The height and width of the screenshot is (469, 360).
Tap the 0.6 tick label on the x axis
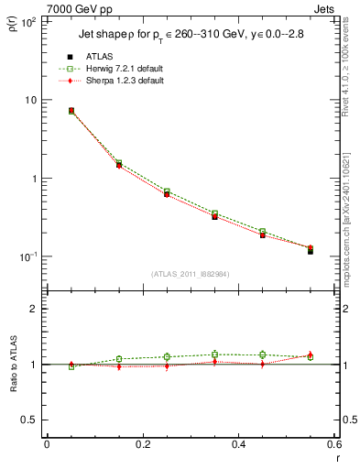pyautogui.click(x=334, y=444)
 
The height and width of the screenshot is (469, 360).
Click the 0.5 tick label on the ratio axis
pyautogui.click(x=27, y=420)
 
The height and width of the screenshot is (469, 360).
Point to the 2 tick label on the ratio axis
pyautogui.click(x=33, y=310)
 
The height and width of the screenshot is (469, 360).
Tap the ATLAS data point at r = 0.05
pyautogui.click(x=71, y=111)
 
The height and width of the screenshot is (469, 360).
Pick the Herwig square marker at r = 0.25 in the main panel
pyautogui.click(x=167, y=191)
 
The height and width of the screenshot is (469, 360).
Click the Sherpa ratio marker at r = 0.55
pyautogui.click(x=311, y=354)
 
